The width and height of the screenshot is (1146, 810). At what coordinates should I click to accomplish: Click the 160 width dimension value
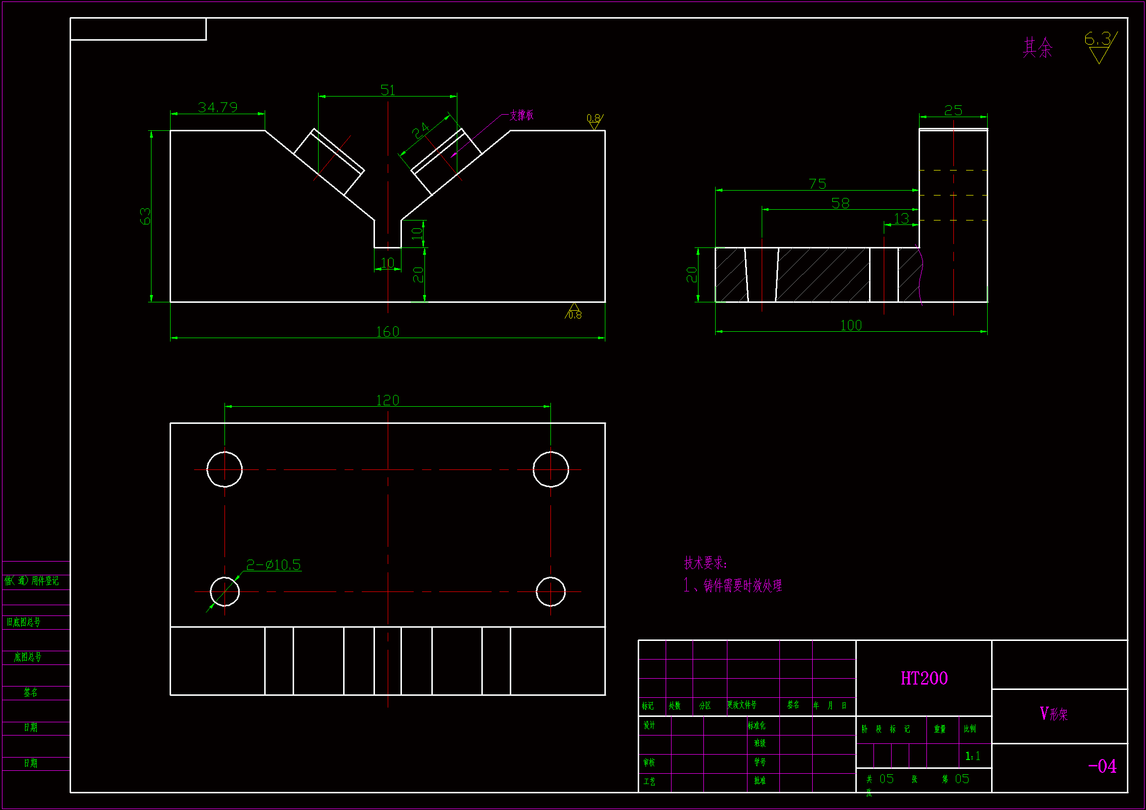click(x=387, y=332)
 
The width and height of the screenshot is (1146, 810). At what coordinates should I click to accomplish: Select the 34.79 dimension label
click(x=218, y=107)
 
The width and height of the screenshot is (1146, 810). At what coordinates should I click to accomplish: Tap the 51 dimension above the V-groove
click(x=387, y=90)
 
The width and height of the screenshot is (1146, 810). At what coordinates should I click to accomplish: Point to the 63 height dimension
click(x=145, y=216)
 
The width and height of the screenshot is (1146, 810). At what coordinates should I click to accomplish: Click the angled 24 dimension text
click(x=420, y=131)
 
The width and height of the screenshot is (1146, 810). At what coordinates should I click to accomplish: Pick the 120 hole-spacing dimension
click(x=387, y=400)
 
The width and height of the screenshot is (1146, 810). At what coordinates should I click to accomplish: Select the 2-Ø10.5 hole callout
click(x=274, y=565)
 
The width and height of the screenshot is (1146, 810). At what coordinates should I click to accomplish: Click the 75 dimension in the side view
click(x=817, y=184)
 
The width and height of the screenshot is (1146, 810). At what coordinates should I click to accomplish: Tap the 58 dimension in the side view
click(x=840, y=203)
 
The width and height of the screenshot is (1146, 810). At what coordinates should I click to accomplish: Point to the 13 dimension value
click(x=901, y=219)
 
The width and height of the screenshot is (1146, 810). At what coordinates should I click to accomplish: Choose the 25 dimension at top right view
click(x=953, y=110)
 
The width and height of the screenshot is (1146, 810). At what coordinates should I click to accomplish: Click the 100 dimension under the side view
click(x=850, y=325)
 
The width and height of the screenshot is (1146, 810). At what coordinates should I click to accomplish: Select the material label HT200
click(x=924, y=678)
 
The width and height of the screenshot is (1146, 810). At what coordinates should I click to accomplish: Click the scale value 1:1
click(x=972, y=756)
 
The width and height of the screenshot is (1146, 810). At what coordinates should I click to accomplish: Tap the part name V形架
click(x=1054, y=713)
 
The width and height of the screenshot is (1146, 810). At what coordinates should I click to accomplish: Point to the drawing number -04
click(x=1102, y=766)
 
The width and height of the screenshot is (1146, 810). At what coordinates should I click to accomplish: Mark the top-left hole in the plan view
click(x=224, y=469)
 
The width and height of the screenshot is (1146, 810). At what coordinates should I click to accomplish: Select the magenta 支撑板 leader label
click(x=522, y=115)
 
